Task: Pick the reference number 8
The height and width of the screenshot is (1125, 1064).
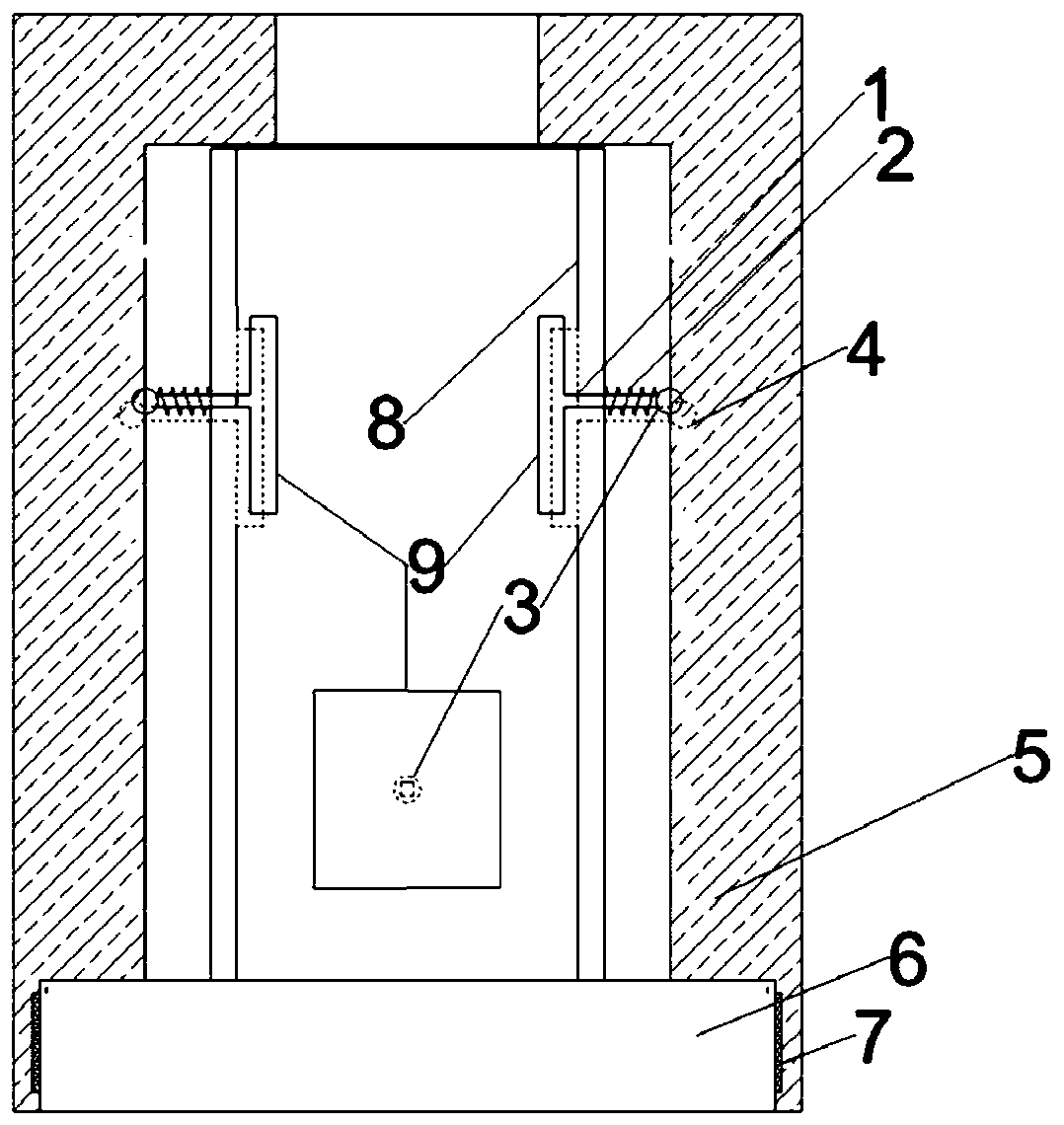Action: coord(385,423)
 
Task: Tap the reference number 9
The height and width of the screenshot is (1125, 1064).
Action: coord(425,569)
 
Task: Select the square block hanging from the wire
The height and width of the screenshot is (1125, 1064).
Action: coord(407,789)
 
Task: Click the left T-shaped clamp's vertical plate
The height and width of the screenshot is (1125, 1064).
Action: coord(263,414)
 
